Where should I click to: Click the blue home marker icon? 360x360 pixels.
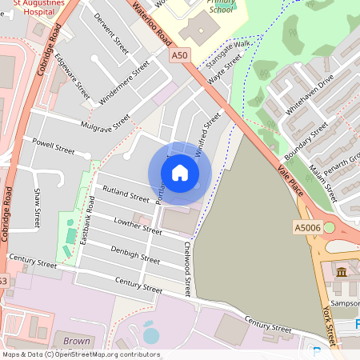point(180,173)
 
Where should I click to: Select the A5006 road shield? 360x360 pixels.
point(306,228)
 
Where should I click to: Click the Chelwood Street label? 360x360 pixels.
point(188,269)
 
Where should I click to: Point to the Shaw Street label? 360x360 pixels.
point(37,207)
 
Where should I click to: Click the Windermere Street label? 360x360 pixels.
point(124,83)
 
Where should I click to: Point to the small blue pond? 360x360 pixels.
point(150,335)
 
